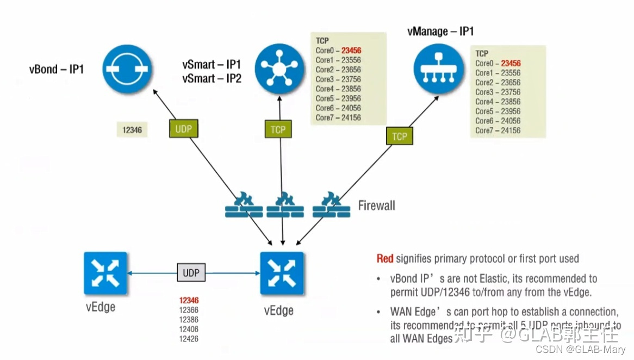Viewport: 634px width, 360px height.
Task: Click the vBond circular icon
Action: point(128,69)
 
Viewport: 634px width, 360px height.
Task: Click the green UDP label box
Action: point(184,129)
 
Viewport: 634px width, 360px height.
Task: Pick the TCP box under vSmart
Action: point(278,129)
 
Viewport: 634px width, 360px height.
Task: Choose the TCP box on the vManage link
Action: point(400,136)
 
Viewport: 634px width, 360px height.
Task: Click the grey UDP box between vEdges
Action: point(191,273)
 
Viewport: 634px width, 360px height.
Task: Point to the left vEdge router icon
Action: point(105,273)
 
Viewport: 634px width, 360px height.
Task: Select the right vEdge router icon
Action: point(282,273)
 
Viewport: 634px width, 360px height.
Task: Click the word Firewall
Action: point(376,206)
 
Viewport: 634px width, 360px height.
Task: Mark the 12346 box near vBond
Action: point(132,130)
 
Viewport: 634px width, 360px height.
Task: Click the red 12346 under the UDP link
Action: point(189,300)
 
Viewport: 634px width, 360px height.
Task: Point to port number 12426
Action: point(189,339)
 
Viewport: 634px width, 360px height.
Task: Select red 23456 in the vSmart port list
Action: point(351,51)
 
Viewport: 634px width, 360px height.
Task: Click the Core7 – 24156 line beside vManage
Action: point(498,131)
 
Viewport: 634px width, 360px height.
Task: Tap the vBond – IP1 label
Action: point(57,70)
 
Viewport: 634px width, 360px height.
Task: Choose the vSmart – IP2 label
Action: point(212,78)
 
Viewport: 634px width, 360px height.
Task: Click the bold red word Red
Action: point(385,259)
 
